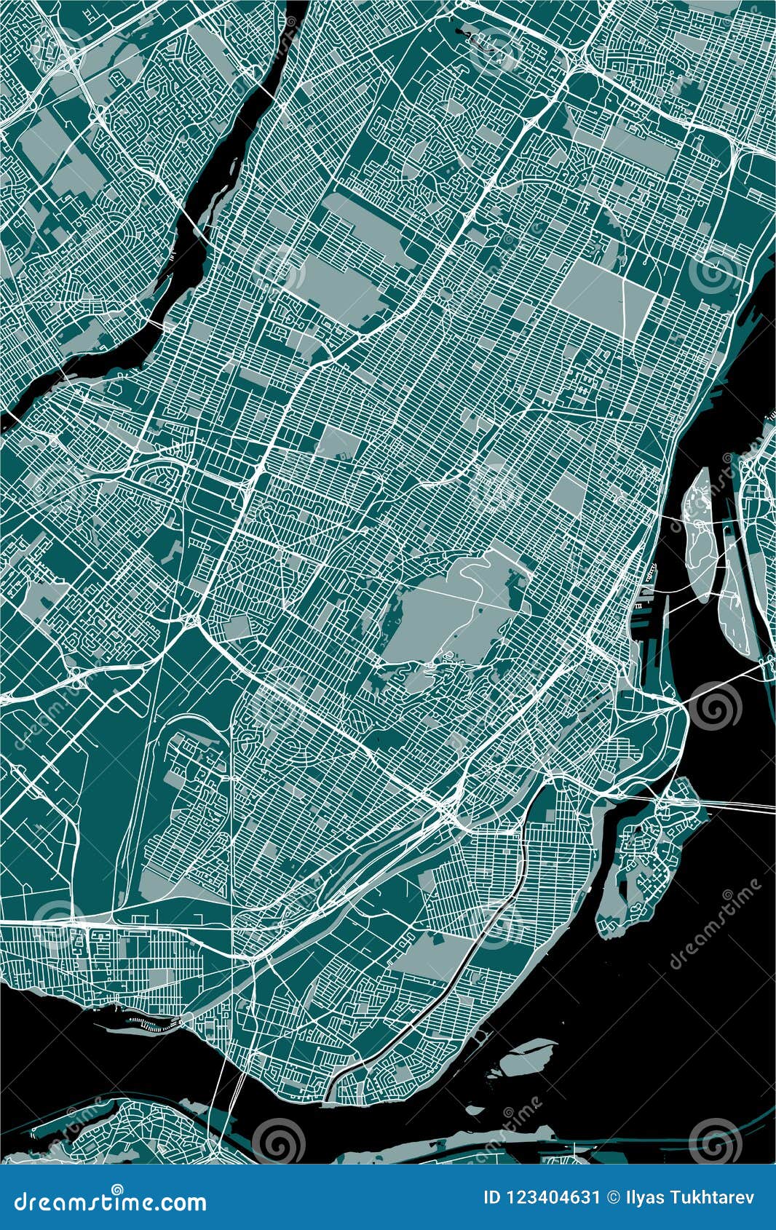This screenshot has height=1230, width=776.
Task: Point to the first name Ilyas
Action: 644,1199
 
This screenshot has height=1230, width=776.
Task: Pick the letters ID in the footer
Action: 493,1199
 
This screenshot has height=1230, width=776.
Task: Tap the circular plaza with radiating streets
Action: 446,294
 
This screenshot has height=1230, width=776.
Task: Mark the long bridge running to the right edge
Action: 728,804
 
